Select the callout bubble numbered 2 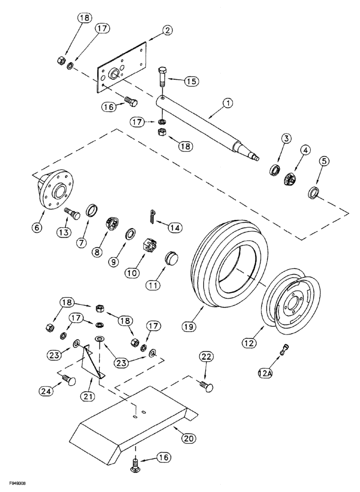click(167, 31)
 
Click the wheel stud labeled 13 click(73, 214)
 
